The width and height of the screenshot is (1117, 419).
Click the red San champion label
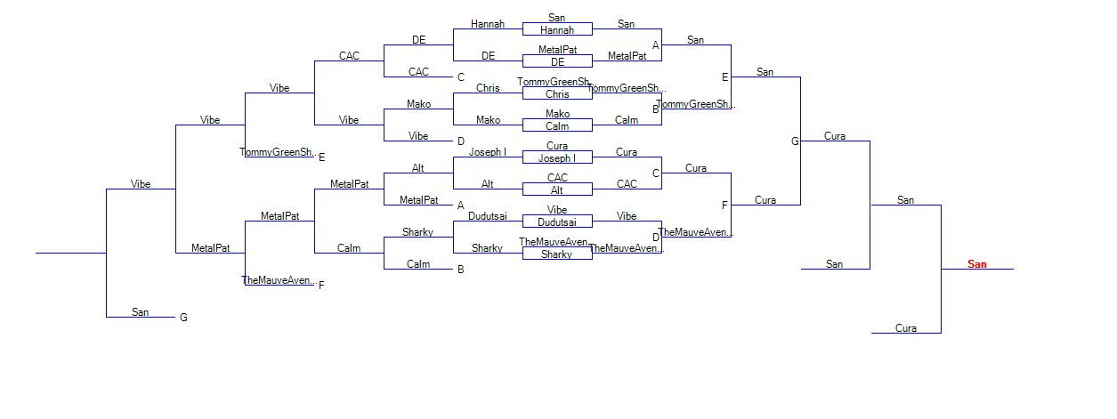[x=977, y=264]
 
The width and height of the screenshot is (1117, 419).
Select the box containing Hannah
[x=557, y=30]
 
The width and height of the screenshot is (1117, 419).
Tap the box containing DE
[x=557, y=62]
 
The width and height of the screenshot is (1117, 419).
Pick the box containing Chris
[x=557, y=94]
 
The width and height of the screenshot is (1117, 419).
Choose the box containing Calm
[x=557, y=126]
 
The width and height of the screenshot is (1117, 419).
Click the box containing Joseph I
[x=557, y=158]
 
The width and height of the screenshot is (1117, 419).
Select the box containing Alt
[x=557, y=190]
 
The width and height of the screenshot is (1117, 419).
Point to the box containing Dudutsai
[x=557, y=222]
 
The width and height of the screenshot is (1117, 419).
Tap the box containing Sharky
[x=557, y=254]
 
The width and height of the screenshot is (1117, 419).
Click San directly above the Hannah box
[x=557, y=18]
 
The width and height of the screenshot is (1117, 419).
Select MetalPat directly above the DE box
[x=557, y=50]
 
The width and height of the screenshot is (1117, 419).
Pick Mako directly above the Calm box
[x=557, y=114]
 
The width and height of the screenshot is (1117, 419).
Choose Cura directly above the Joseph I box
[x=557, y=146]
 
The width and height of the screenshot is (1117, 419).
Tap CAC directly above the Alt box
[x=557, y=178]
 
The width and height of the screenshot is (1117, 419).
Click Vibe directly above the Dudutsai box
[x=557, y=210]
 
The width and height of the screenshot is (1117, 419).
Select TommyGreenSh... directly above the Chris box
[x=554, y=82]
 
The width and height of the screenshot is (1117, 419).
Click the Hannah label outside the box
[x=488, y=24]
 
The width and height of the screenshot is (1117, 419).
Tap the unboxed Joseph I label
[x=488, y=152]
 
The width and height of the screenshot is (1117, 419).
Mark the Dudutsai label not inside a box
[x=488, y=216]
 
